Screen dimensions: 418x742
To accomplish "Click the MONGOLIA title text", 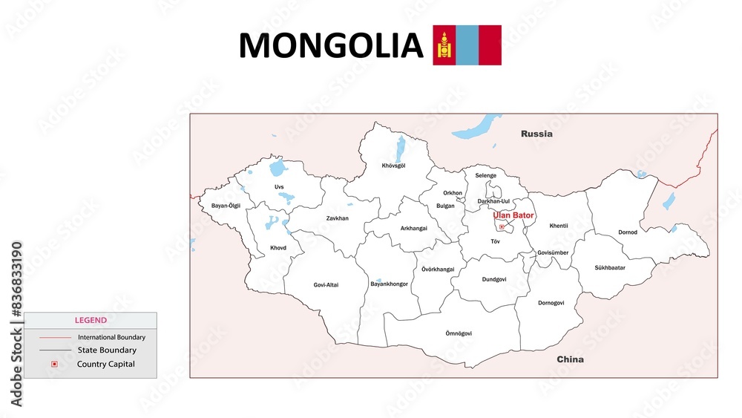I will pyautogui.click(x=330, y=45).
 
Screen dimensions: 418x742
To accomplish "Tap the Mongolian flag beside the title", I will pyautogui.click(x=467, y=45).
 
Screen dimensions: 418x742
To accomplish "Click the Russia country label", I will pyautogui.click(x=536, y=134).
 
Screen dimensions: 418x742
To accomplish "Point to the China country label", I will pyautogui.click(x=570, y=359).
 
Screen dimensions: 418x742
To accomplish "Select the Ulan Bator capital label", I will pyautogui.click(x=513, y=215).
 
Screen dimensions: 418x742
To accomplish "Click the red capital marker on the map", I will pyautogui.click(x=502, y=226).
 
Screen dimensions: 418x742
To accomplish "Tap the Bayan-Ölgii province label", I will pyautogui.click(x=226, y=206).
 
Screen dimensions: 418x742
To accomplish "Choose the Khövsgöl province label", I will pyautogui.click(x=393, y=166).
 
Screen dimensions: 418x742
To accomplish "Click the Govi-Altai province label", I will pyautogui.click(x=326, y=284).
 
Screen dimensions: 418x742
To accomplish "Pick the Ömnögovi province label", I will pyautogui.click(x=458, y=333).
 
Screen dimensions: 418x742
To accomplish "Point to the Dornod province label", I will pyautogui.click(x=628, y=232).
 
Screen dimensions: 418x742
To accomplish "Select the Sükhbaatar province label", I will pyautogui.click(x=609, y=267).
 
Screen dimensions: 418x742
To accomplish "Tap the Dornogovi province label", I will pyautogui.click(x=551, y=303).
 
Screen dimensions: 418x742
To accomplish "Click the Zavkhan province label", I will pyautogui.click(x=337, y=218).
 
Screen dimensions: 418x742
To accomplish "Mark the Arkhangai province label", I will pyautogui.click(x=413, y=229).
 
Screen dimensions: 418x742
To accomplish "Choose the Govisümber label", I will pyautogui.click(x=553, y=252).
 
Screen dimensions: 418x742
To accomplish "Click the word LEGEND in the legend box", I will pyautogui.click(x=91, y=321).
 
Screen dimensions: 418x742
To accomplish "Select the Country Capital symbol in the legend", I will pyautogui.click(x=54, y=364).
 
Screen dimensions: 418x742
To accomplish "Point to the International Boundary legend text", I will pyautogui.click(x=111, y=337).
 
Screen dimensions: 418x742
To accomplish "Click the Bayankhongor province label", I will pyautogui.click(x=389, y=284).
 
